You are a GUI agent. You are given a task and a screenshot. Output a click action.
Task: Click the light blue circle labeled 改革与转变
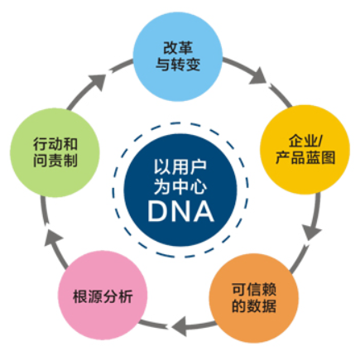click(x=178, y=56)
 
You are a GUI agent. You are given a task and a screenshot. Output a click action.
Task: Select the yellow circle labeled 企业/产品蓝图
click(x=305, y=149)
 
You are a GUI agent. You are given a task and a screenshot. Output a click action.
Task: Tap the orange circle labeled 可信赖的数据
click(x=254, y=298)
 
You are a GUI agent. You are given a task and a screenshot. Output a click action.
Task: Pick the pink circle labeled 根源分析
click(x=103, y=296)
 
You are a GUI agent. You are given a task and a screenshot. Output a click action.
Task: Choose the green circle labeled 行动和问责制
click(x=55, y=152)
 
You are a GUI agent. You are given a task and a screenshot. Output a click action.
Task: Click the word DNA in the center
click(x=181, y=211)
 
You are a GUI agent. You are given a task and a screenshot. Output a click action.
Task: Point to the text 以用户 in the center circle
click(x=180, y=167)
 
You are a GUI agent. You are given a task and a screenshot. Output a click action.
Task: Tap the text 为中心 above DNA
click(x=180, y=186)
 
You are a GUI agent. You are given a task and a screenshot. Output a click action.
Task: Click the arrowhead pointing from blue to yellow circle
click(x=258, y=76)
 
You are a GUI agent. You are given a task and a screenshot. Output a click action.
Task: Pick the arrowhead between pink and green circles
click(x=53, y=238)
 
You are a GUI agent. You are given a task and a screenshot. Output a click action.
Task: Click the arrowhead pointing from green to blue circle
click(x=98, y=81)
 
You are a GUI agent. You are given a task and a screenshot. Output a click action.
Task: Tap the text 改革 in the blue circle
click(x=178, y=48)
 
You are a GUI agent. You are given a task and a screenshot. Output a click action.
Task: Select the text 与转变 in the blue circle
click(x=178, y=65)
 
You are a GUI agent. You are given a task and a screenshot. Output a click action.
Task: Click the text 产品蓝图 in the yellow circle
click(x=305, y=157)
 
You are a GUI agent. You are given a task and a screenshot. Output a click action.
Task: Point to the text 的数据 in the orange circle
click(x=254, y=306)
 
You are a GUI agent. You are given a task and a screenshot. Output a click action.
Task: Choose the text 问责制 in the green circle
click(x=55, y=161)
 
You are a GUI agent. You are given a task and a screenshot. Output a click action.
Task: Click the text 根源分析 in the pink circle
click(x=103, y=296)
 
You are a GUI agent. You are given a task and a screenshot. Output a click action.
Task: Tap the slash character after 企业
click(x=319, y=141)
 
